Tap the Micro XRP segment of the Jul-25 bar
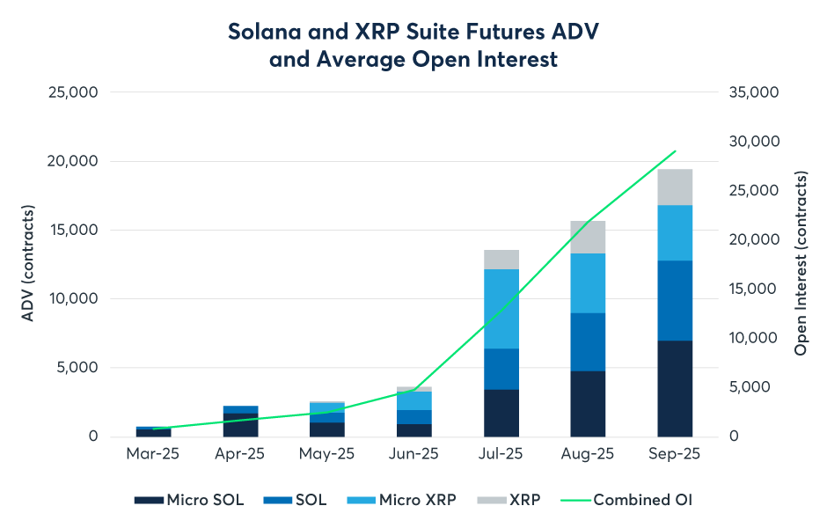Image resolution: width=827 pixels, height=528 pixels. coord(501,308)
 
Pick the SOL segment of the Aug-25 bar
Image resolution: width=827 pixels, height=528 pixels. coord(588,341)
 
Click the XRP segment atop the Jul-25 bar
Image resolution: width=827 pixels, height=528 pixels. coord(501,259)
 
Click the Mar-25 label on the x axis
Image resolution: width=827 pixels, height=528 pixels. coord(153,455)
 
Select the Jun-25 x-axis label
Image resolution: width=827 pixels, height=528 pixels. coord(413,455)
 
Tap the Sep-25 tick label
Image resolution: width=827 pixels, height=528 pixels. coord(675,455)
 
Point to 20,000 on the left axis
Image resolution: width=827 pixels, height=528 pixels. coord(72,162)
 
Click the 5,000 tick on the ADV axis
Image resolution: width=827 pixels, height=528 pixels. coord(77,368)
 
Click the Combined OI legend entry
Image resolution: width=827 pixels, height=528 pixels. coord(642,500)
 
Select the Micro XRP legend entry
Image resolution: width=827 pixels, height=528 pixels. coord(418,500)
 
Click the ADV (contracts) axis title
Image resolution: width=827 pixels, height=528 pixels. coord(28,264)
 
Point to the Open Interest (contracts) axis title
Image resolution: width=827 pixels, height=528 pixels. coord(801,264)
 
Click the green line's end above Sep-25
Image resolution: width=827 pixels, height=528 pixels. coord(675,151)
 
